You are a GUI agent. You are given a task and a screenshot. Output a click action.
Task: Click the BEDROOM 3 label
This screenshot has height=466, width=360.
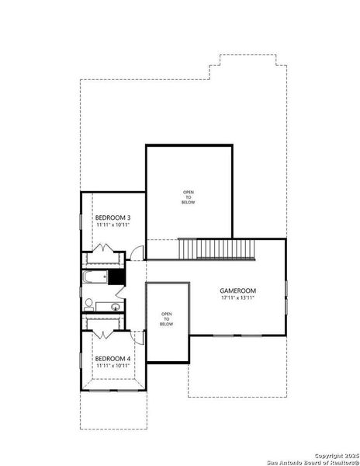click(x=112, y=217)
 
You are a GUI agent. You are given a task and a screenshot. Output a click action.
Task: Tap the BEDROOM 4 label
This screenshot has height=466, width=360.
click(x=112, y=358)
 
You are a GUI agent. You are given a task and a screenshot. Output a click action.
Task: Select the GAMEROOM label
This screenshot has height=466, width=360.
click(x=238, y=290)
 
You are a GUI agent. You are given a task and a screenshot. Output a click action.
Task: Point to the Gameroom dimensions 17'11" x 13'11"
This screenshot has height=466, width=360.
click(x=238, y=298)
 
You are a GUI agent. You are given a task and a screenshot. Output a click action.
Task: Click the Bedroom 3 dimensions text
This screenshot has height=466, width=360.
click(x=112, y=224)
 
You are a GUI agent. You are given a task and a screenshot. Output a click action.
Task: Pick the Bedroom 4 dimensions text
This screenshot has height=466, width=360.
click(x=112, y=366)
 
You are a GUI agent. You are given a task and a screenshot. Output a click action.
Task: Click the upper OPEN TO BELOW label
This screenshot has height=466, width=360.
click(x=189, y=196)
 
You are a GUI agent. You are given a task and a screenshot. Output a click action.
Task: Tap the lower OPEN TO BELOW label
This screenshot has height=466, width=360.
click(x=167, y=318)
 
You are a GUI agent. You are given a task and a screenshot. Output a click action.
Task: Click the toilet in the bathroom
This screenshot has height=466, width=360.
click(x=89, y=303)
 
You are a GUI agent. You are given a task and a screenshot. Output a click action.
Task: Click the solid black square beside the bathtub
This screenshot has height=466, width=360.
click(x=116, y=277)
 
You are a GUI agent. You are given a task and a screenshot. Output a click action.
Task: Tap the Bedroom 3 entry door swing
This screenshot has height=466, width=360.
click(x=137, y=252)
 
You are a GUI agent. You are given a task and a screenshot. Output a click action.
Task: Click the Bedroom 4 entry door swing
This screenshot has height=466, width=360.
click(x=137, y=337)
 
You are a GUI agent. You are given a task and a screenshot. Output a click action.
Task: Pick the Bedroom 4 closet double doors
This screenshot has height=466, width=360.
click(x=104, y=332)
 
